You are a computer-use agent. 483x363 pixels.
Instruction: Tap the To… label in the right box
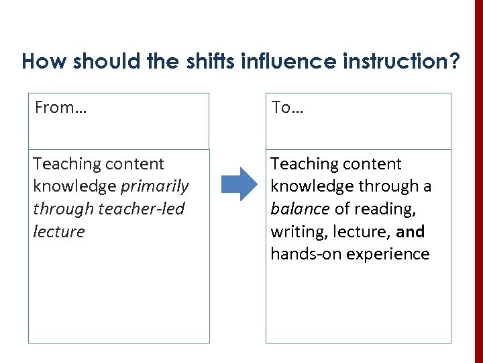[287, 108]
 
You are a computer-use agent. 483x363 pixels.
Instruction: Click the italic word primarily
[155, 186]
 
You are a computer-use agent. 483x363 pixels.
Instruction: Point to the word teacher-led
[141, 209]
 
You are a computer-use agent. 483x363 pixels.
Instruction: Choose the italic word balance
[300, 209]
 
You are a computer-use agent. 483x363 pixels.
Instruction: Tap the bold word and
[411, 232]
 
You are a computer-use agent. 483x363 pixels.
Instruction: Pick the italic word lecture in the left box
[59, 232]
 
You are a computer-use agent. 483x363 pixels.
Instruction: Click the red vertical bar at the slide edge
[478, 182]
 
